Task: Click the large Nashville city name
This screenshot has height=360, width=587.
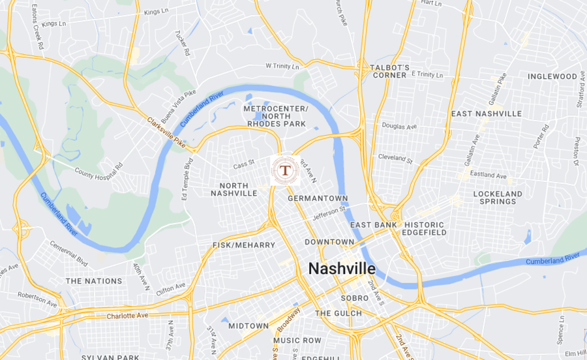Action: (x=341, y=269)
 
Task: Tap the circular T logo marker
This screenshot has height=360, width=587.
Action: (x=285, y=171)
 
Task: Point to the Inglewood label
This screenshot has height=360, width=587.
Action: (x=552, y=76)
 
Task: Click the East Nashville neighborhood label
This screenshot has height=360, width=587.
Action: (x=487, y=113)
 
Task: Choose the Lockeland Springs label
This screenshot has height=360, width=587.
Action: (x=498, y=198)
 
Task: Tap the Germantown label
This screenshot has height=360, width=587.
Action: (x=318, y=198)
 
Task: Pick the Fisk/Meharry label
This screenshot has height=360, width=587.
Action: (x=244, y=245)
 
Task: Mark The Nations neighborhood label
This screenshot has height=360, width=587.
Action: (x=94, y=281)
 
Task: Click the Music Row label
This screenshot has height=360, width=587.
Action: (x=297, y=340)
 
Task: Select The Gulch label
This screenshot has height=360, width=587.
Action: (x=339, y=313)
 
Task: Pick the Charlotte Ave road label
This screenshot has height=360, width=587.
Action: (x=127, y=316)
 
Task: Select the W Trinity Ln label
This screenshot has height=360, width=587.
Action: (x=282, y=67)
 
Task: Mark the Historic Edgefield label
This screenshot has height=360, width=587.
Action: (x=425, y=228)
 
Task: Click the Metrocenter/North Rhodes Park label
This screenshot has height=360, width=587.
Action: (x=275, y=115)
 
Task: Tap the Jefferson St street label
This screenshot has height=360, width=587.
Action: (x=329, y=211)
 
